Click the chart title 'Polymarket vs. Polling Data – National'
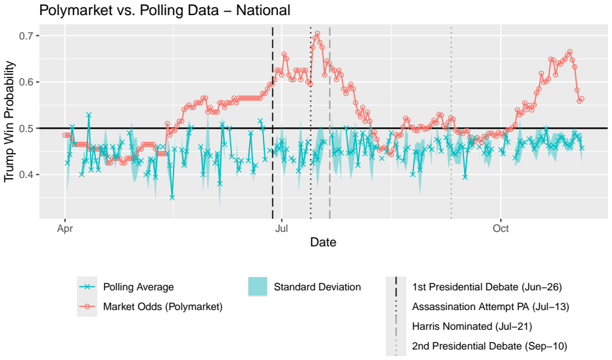click(165, 10)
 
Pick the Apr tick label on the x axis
click(65, 229)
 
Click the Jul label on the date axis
click(281, 228)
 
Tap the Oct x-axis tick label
click(501, 228)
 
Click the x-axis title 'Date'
click(323, 242)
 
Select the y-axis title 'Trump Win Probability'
click(9, 122)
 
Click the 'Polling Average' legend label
click(139, 287)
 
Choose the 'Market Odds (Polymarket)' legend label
click(163, 307)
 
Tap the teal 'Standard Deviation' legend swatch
click(258, 286)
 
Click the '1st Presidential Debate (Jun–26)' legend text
click(487, 287)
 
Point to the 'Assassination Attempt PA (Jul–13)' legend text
click(490, 307)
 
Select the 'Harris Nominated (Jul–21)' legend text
click(472, 326)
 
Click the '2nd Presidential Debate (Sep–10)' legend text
click(490, 346)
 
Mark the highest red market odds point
click(318, 34)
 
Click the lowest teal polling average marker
click(172, 198)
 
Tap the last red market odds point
click(582, 99)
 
